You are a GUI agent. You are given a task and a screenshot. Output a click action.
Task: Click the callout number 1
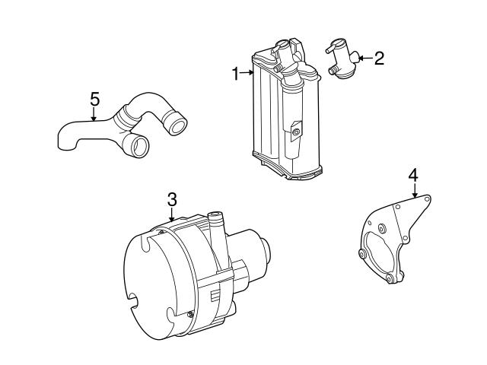click(x=236, y=74)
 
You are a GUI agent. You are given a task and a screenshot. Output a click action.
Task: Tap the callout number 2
click(x=379, y=59)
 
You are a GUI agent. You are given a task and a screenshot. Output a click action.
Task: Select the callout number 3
click(x=172, y=199)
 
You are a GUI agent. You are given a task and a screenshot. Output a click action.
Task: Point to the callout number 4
click(x=413, y=176)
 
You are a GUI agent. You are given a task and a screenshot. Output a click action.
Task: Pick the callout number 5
click(x=94, y=100)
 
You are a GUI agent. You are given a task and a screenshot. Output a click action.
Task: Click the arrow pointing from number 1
click(x=247, y=73)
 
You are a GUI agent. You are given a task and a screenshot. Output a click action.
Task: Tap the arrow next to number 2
click(x=365, y=58)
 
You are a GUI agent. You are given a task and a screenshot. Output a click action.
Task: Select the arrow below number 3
click(x=171, y=214)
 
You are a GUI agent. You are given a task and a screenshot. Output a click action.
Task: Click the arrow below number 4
click(x=414, y=190)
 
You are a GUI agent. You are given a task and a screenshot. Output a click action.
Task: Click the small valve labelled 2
click(x=342, y=59)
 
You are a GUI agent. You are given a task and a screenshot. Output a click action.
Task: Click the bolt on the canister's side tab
click(x=296, y=133)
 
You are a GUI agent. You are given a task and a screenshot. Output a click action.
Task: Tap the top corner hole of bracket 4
click(x=428, y=198)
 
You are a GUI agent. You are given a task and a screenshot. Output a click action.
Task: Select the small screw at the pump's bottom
click(x=189, y=316)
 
